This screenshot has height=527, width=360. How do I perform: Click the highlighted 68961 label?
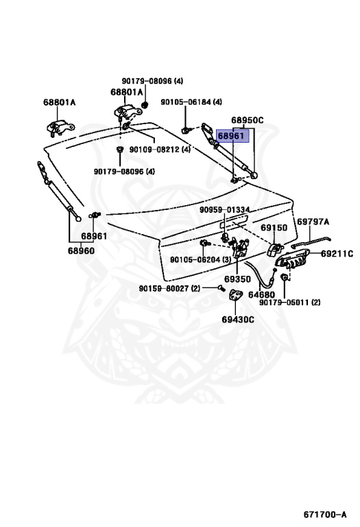230,136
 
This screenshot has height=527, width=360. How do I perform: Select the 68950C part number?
247,120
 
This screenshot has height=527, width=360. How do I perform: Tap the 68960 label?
81,250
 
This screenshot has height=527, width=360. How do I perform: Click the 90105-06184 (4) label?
191,102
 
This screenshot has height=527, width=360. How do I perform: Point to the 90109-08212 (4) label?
160,149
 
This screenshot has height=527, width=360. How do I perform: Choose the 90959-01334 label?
224,210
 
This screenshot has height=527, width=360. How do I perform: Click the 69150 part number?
274,228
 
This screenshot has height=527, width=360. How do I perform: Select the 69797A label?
313,222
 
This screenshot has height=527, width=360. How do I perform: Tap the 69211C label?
337,254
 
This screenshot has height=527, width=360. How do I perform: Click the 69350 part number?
237,279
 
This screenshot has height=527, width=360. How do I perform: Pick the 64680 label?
261,295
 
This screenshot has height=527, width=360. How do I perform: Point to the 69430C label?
238,319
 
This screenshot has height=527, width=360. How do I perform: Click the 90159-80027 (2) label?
169,288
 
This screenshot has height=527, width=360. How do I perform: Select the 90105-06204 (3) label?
200,259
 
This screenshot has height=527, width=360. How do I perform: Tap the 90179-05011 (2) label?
290,303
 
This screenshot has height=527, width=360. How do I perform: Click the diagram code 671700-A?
325,514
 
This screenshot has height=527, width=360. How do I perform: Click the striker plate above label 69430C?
235,296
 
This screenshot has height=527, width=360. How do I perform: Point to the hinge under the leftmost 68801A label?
60,128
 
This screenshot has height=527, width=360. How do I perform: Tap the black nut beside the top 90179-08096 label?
145,105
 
